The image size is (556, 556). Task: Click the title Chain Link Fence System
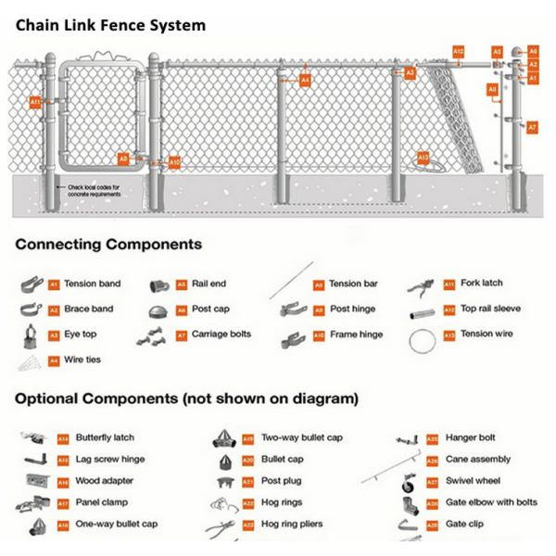110,25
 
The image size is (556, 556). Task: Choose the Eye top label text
79,335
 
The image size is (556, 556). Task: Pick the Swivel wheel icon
406,483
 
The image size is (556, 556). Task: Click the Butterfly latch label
105,436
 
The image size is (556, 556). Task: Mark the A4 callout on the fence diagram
305,82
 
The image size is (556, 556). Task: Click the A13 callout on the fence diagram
423,158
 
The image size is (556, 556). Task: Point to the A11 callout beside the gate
35,101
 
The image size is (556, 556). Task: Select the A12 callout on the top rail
459,50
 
